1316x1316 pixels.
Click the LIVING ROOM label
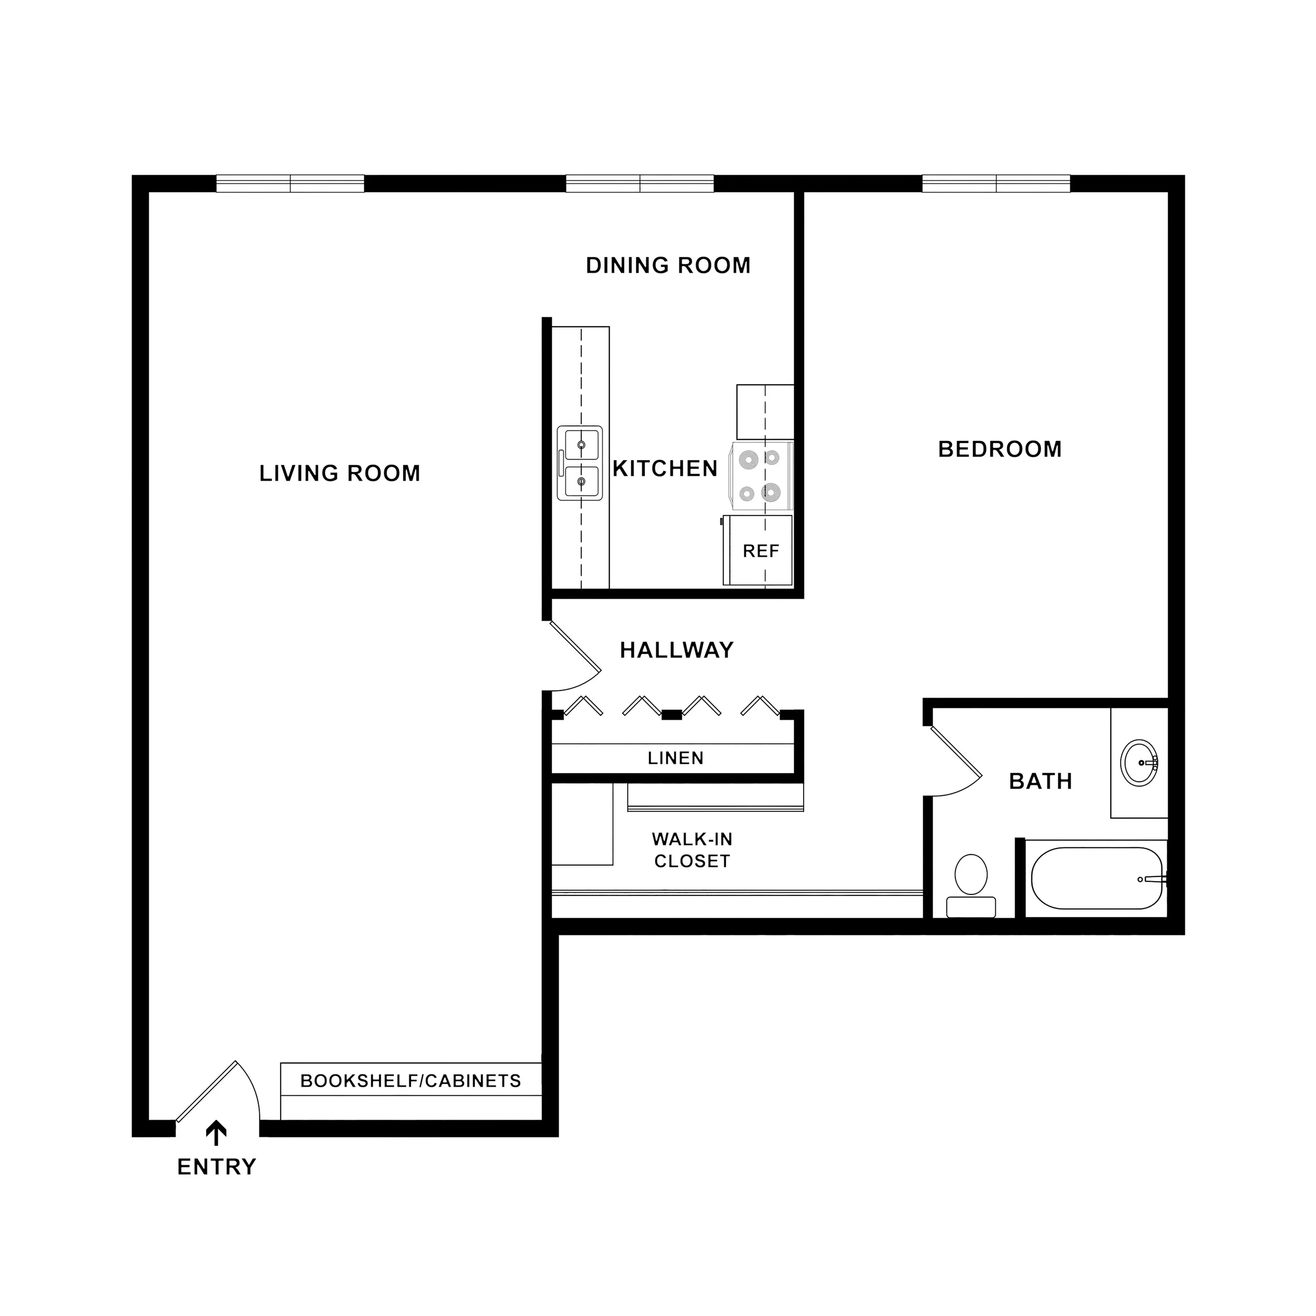click(x=340, y=473)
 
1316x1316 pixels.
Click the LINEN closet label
click(x=676, y=758)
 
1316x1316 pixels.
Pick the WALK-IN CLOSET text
click(x=692, y=850)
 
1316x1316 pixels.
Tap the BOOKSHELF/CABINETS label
click(x=411, y=1081)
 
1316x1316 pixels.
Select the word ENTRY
click(x=217, y=1167)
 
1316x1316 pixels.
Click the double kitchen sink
click(x=579, y=463)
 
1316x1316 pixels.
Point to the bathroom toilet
click(x=971, y=886)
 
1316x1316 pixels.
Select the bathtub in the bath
click(x=1097, y=878)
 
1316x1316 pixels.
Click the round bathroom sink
click(x=1140, y=763)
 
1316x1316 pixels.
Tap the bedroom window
click(x=996, y=184)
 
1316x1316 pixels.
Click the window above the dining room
click(x=640, y=184)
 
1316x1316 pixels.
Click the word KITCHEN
click(x=665, y=468)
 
